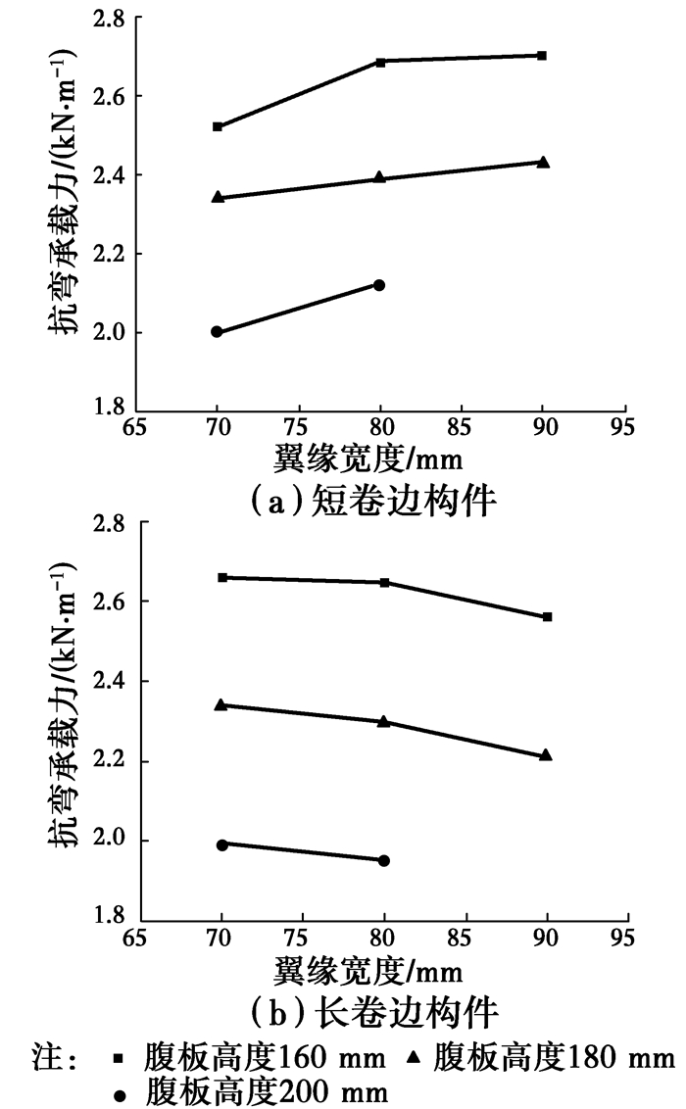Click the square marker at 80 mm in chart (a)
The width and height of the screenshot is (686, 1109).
click(x=380, y=62)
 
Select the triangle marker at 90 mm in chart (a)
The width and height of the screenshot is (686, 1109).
click(x=544, y=162)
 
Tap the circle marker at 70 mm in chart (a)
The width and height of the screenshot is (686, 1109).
click(x=217, y=332)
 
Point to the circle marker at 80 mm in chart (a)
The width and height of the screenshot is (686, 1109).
click(x=379, y=285)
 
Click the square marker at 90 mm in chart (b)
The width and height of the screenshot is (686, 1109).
click(x=547, y=616)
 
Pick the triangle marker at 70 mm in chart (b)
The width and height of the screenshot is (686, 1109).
click(x=220, y=704)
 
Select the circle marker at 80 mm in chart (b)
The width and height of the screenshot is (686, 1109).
click(x=384, y=860)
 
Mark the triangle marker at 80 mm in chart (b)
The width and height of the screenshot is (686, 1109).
click(x=383, y=722)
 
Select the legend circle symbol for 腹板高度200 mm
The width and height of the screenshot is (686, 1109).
click(x=120, y=1091)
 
